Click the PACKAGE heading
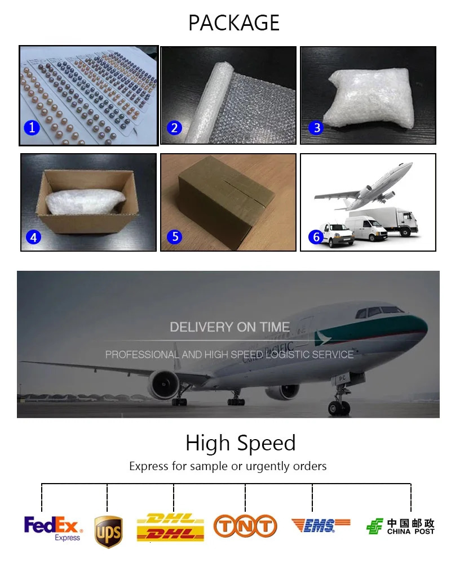(234, 23)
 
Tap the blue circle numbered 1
(32, 127)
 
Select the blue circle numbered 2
(174, 127)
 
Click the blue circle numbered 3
(316, 127)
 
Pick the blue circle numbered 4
(33, 237)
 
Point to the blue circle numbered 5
(175, 236)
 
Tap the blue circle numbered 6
(316, 236)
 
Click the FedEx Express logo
(53, 528)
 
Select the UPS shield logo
(108, 532)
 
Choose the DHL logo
(170, 527)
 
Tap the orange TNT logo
(245, 526)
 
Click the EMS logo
(320, 525)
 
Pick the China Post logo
(400, 526)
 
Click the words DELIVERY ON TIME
(230, 327)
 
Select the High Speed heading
(241, 443)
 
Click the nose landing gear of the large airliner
(339, 400)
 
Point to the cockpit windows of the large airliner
(379, 311)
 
